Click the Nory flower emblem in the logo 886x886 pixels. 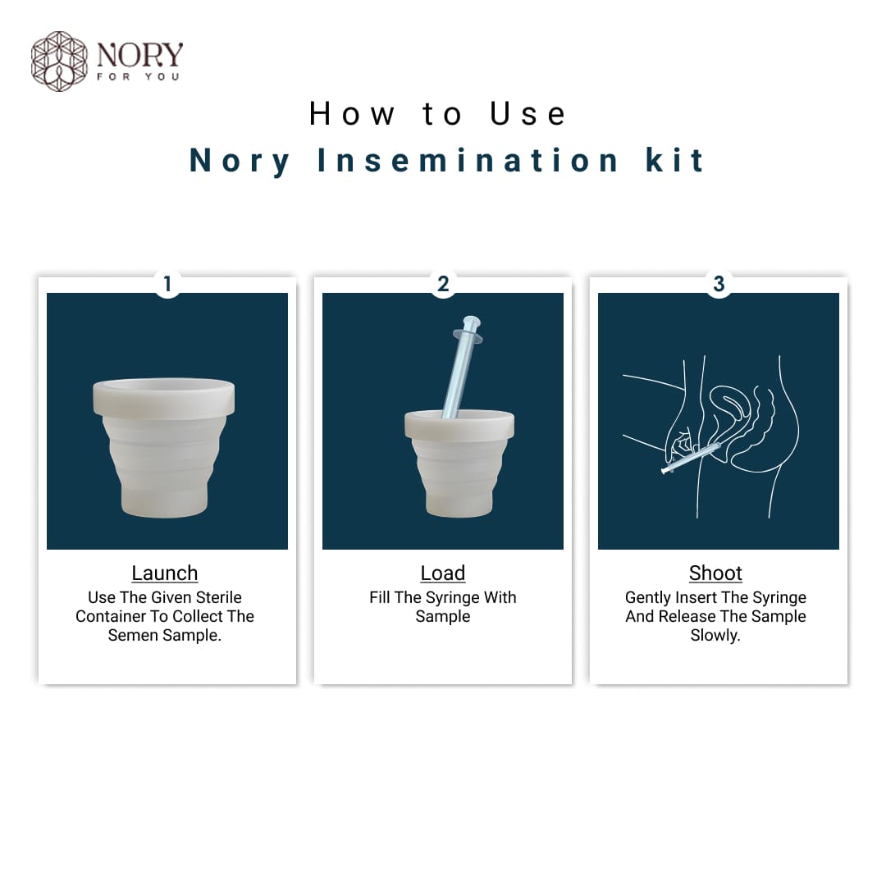point(59,61)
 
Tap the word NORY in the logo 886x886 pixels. point(139,56)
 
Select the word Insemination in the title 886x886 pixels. point(468,160)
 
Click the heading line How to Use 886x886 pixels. point(438,114)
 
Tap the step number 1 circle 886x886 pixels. point(167,284)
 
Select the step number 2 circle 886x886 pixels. point(443,284)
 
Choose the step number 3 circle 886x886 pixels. point(719,284)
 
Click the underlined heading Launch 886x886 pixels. point(165,573)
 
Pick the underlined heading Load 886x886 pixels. point(443,573)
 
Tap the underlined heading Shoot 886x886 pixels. point(715,573)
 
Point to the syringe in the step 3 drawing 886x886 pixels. point(689,458)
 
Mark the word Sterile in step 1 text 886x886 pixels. point(217,597)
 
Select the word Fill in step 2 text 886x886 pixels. point(379,597)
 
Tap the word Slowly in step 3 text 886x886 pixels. point(715,635)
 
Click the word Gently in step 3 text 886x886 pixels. point(648,597)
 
